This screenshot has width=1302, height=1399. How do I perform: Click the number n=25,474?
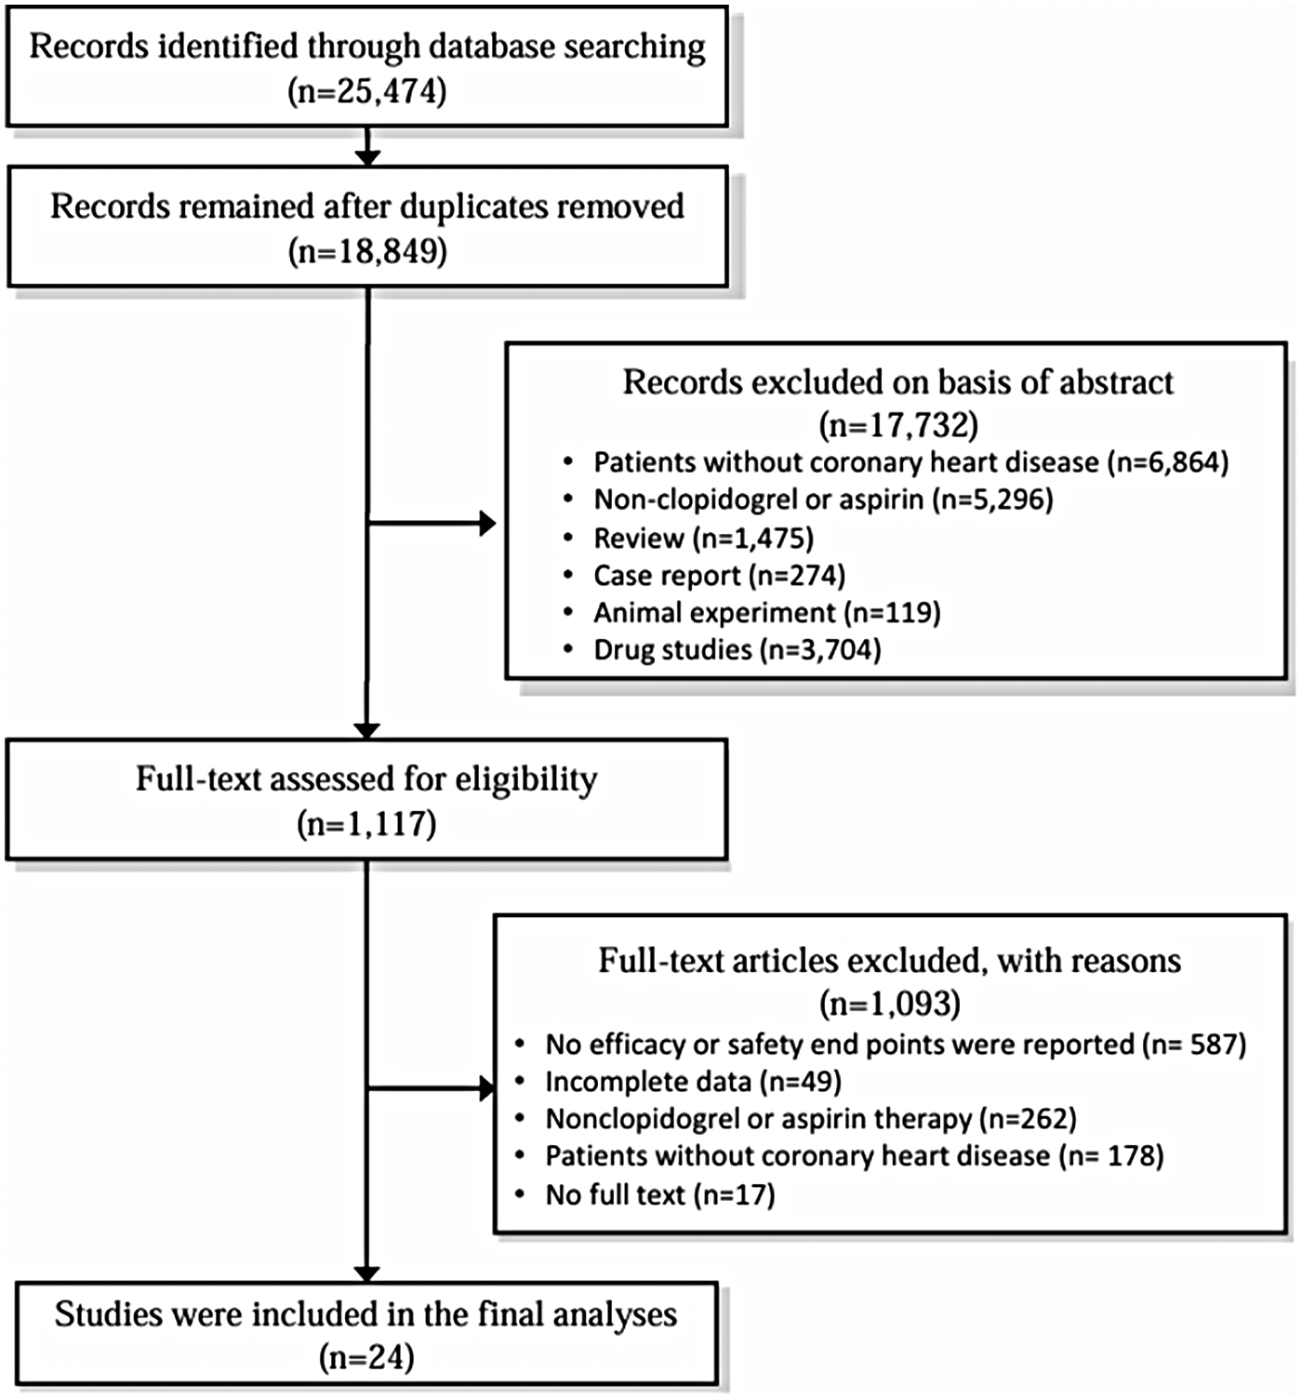367,92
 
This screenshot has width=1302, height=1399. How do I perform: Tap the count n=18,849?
367,251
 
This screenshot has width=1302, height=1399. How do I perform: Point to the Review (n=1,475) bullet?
703,538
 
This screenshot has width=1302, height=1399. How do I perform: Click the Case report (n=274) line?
719,576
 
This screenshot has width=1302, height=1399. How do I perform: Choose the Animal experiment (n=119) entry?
767,612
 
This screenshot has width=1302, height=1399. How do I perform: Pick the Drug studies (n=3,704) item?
737,649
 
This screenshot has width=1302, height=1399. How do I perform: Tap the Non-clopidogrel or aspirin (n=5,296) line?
823,500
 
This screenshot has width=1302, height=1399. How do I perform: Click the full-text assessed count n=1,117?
366,824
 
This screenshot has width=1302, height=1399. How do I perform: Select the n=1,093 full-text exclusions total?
890,1003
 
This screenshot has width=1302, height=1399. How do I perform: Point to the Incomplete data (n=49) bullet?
693,1082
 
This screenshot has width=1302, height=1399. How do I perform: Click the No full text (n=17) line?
660,1194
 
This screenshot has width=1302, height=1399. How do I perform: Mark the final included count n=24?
366,1358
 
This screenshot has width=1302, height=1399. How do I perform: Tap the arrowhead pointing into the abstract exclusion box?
486,524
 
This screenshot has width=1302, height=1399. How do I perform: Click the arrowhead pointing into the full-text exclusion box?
485,1088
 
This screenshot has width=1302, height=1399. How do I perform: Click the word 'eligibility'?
526,779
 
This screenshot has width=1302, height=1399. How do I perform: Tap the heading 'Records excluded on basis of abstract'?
898,382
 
